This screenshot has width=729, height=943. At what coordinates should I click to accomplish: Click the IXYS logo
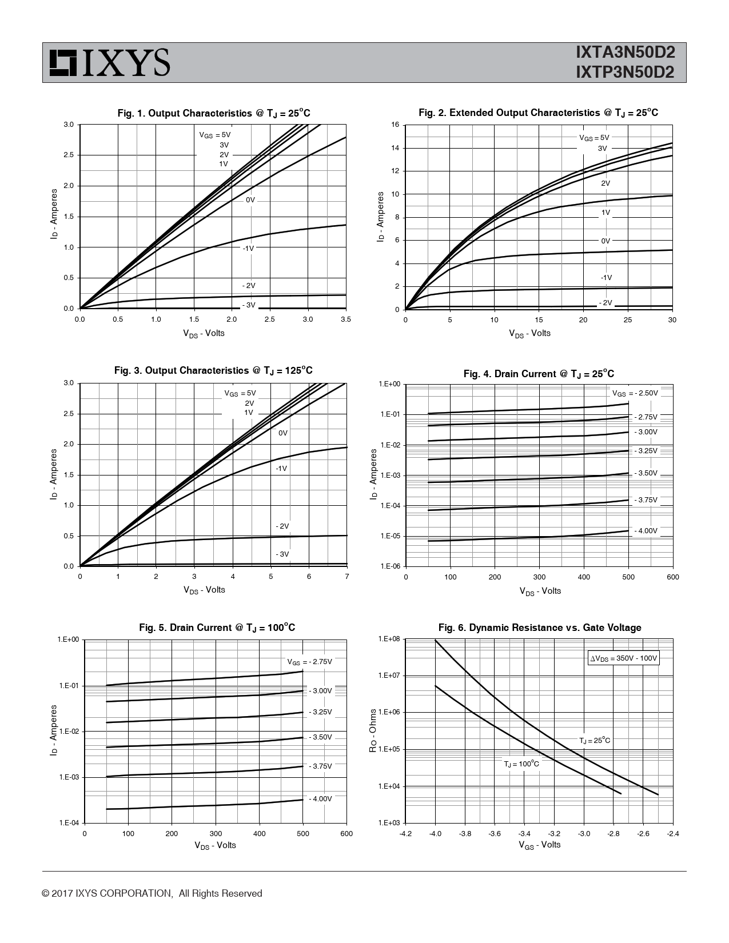click(x=109, y=62)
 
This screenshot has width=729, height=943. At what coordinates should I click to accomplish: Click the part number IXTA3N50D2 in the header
click(x=625, y=53)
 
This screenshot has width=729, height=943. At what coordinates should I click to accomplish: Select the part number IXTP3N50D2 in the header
click(x=625, y=73)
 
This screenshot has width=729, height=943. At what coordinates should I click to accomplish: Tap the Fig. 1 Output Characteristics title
click(x=214, y=113)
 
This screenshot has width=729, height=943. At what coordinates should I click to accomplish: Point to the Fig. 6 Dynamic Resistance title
click(x=539, y=628)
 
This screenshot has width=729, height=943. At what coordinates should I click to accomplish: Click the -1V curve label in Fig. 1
click(x=248, y=249)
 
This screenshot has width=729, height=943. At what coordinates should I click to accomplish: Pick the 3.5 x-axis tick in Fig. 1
click(x=345, y=319)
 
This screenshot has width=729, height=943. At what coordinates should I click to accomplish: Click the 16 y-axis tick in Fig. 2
click(x=395, y=125)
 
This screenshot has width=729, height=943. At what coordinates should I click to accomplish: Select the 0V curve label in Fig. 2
click(x=605, y=241)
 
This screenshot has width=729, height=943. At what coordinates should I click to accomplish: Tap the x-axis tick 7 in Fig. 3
click(x=346, y=577)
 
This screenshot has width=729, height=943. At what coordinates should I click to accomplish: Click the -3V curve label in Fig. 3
click(x=282, y=554)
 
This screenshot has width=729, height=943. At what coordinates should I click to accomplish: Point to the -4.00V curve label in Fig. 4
click(x=646, y=531)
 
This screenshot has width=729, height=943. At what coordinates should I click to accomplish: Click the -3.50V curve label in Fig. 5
click(x=320, y=737)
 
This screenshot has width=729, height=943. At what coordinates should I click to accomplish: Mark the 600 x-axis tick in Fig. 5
click(x=346, y=833)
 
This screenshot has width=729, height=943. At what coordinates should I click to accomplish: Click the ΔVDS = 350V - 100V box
click(x=624, y=658)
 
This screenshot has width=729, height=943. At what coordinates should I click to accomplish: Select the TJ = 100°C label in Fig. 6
click(x=521, y=764)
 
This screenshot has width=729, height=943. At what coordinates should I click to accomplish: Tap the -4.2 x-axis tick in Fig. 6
click(x=405, y=833)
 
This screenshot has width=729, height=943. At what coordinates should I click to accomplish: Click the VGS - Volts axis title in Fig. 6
click(x=539, y=845)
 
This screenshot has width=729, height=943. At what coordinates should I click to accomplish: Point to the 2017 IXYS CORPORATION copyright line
click(x=152, y=893)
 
